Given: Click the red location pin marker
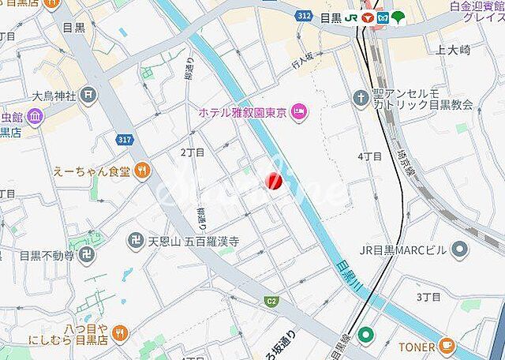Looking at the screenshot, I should (x=274, y=182).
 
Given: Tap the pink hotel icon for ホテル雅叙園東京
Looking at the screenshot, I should (x=299, y=112).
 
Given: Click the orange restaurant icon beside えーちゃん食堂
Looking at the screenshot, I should (x=141, y=169).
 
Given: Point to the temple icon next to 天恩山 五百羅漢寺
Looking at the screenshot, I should (x=135, y=239).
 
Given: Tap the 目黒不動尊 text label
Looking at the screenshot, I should (x=47, y=256).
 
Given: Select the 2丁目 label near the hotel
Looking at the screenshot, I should (x=192, y=152).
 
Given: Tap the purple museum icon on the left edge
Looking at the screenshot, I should (x=35, y=118).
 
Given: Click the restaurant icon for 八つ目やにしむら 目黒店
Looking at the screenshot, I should (x=120, y=332).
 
